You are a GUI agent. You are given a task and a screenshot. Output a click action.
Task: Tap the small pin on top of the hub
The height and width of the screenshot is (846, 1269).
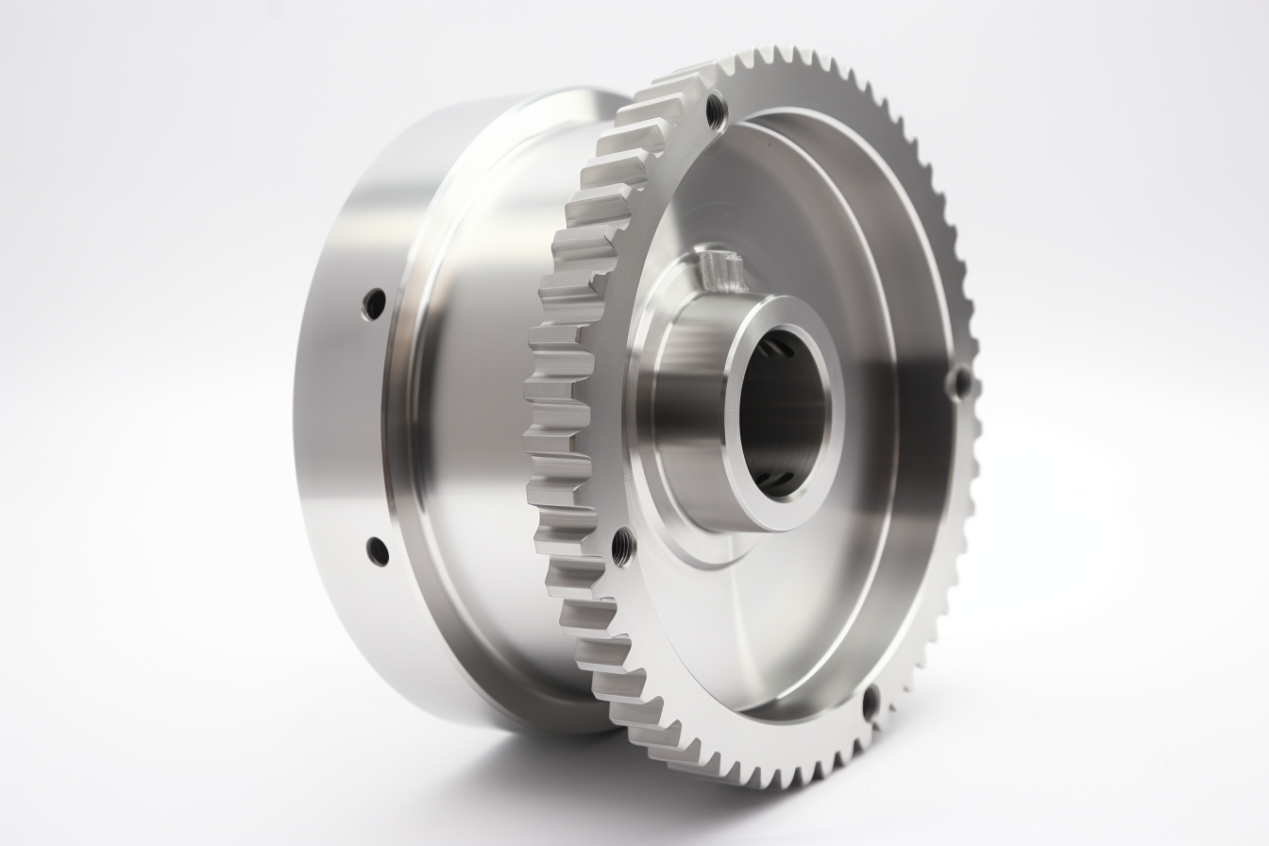tap(715, 271)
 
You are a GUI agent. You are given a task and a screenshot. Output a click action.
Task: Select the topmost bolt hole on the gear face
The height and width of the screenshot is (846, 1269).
tap(717, 110)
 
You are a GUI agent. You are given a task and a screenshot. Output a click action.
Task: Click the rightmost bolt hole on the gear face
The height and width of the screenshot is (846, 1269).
tap(960, 382)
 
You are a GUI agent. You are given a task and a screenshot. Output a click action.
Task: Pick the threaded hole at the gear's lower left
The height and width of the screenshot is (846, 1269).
tap(623, 546)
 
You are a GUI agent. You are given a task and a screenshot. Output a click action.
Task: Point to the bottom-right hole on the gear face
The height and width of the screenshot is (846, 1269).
tap(871, 702)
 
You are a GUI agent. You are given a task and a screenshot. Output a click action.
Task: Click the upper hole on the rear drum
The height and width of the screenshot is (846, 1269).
tap(374, 304)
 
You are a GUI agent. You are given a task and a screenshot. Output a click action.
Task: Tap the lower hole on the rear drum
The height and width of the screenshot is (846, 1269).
tap(377, 550)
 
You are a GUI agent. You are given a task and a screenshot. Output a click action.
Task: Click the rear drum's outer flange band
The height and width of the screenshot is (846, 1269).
tap(340, 425)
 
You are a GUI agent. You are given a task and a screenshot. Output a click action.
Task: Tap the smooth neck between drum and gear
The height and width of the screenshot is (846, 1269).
tap(472, 425)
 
